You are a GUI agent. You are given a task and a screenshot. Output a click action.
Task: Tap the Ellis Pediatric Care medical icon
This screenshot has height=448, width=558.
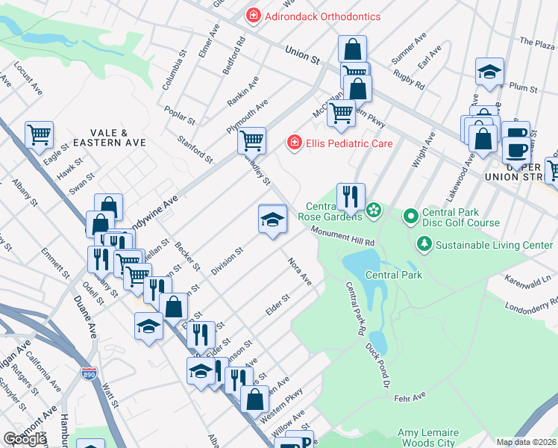coord(295,141)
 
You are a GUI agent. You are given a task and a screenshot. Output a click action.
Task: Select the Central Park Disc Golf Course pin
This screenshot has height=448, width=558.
coord(410,217)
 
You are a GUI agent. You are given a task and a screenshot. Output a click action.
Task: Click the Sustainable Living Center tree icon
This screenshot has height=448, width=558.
coord(424,244)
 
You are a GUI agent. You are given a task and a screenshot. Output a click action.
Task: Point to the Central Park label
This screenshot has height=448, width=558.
coord(394,275)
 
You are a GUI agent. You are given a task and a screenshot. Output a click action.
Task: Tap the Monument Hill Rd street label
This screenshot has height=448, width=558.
coord(342,237)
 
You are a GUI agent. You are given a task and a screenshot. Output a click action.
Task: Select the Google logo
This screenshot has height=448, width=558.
coord(25,439)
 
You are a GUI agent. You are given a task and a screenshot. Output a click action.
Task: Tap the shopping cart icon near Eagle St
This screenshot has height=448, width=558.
coord(39,135)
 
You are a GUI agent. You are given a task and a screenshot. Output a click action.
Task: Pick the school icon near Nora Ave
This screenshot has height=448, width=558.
coord(272,219)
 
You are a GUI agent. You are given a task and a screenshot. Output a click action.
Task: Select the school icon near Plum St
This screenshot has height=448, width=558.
coord(489,72)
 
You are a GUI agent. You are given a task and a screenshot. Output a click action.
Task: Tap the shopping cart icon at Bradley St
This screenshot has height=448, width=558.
coord(251,140)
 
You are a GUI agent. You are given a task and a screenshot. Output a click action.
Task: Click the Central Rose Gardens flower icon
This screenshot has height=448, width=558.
coord(374,212)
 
